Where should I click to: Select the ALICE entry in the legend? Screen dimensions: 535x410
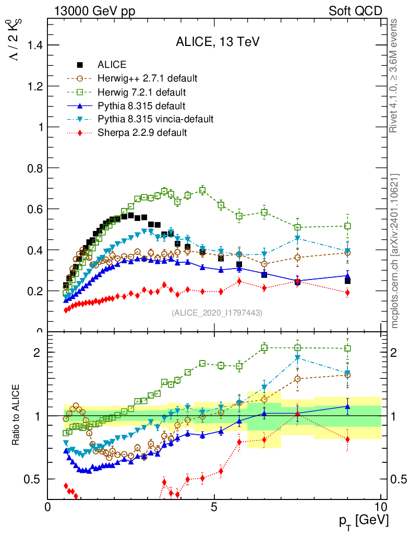pos(112,65)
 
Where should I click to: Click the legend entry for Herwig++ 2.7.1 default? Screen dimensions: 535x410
pos(147,78)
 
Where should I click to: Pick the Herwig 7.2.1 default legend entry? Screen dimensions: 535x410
pos(141,92)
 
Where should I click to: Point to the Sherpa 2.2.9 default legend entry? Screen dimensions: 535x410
pos(142,133)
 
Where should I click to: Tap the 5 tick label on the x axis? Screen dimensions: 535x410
pos(214,507)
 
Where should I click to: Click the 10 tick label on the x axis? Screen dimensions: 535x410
pos(381,507)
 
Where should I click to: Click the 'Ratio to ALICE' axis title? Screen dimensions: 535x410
pos(17,416)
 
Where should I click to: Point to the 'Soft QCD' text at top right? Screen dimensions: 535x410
pos(355,11)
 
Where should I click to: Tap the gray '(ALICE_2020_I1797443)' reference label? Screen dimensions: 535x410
pos(217,312)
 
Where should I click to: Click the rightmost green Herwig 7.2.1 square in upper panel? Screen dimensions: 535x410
pos(347,226)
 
